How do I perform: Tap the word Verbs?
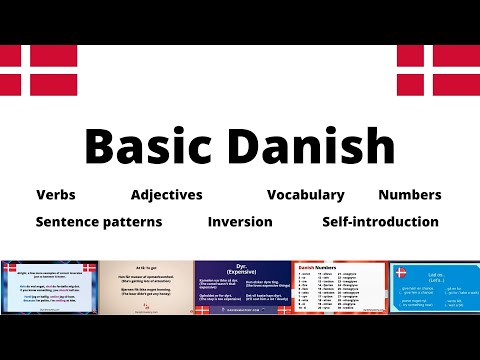click(55, 195)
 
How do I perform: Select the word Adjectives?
click(166, 195)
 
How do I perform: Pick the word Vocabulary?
click(305, 195)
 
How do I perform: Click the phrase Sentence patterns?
click(99, 222)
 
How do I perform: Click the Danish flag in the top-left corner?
click(38, 70)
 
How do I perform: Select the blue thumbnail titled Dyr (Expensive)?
click(240, 286)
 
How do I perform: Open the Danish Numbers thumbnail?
click(337, 286)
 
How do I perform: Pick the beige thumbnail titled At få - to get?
click(145, 286)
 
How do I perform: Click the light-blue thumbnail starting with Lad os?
click(433, 286)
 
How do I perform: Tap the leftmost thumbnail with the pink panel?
click(48, 286)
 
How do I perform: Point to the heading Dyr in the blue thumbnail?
click(240, 266)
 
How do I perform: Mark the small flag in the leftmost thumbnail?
click(89, 267)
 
